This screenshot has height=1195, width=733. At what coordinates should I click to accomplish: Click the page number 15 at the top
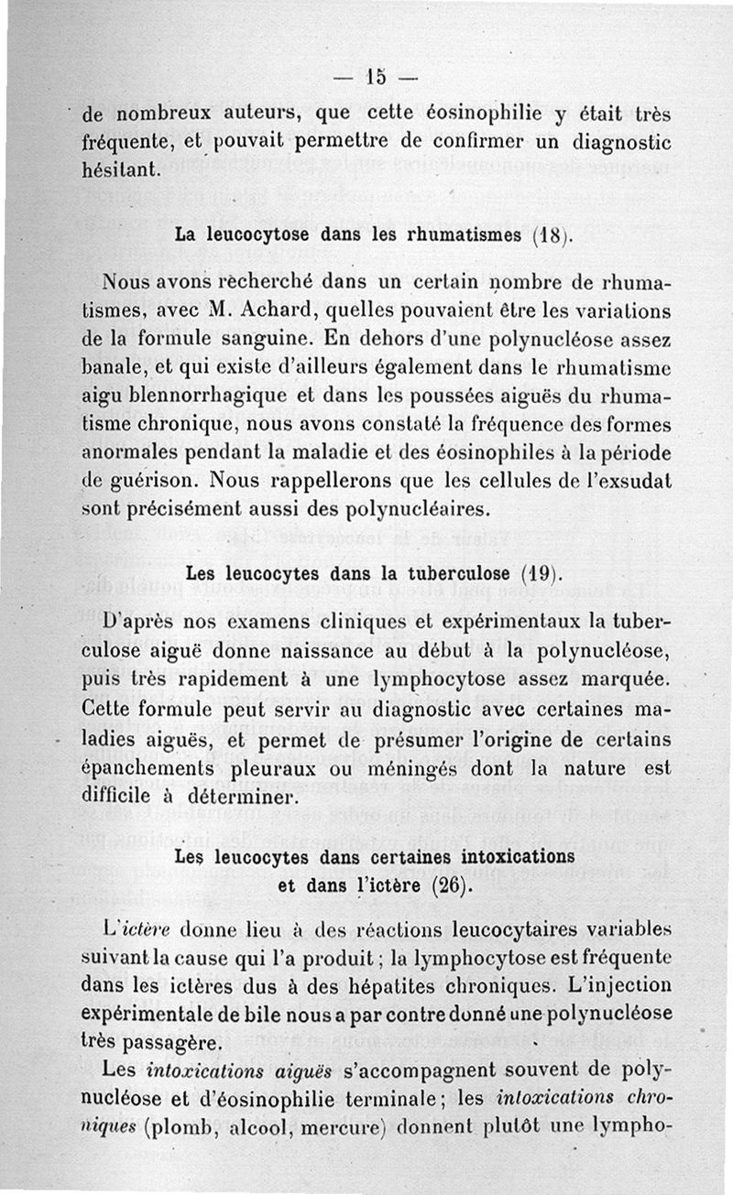[x=376, y=77]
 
